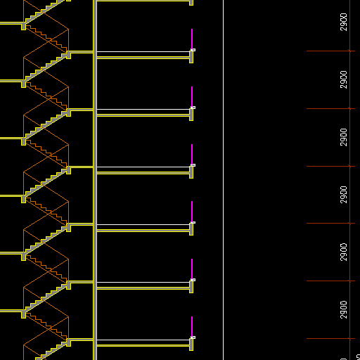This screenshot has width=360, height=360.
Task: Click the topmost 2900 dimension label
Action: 343,22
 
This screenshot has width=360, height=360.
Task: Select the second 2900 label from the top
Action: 343,79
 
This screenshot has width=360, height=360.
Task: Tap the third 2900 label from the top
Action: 343,137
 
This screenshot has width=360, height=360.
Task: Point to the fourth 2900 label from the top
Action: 343,195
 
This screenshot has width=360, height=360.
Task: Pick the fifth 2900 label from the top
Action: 343,252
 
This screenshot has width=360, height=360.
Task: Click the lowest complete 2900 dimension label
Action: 343,309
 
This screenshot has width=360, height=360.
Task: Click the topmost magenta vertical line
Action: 192,39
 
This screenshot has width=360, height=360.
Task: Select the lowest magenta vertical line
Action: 192,327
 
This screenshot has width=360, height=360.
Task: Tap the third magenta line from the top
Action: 192,155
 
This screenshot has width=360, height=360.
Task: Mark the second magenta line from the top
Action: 192,97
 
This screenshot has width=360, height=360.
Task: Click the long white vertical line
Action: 224,180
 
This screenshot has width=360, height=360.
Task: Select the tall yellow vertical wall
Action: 95,180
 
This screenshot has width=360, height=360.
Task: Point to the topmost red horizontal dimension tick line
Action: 330,51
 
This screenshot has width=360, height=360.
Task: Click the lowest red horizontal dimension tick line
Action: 330,338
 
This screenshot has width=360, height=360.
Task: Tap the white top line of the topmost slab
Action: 143,51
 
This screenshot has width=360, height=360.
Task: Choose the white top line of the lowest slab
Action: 143,340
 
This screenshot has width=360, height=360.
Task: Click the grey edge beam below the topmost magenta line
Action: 191,57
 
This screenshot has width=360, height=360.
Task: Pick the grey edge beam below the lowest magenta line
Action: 191,345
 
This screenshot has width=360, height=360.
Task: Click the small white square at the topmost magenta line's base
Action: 193,50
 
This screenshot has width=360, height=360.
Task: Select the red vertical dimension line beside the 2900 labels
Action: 349,180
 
